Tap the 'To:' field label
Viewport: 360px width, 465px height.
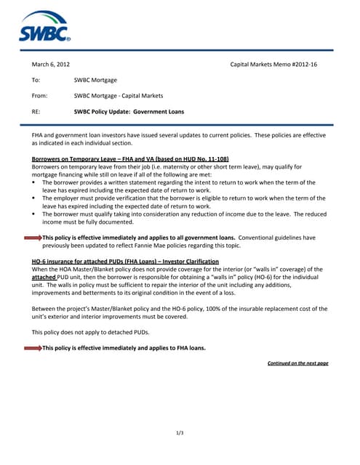(x=36, y=80)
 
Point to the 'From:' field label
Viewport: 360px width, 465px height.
(x=39, y=96)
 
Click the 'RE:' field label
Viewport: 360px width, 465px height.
(x=36, y=112)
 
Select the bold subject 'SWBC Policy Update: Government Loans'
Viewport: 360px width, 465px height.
(x=129, y=112)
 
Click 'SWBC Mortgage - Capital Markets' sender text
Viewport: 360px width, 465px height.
(x=119, y=96)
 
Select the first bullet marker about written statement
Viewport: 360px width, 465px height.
(x=34, y=182)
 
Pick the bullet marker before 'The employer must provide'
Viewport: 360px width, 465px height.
(x=34, y=198)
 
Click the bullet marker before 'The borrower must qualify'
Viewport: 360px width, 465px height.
(x=34, y=214)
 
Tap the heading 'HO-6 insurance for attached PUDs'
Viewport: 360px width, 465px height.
(x=87, y=261)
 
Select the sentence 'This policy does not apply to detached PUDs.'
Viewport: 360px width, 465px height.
(x=90, y=332)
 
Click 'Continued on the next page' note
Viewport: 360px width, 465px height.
(x=297, y=363)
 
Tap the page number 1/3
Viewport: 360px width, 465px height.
(x=180, y=433)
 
